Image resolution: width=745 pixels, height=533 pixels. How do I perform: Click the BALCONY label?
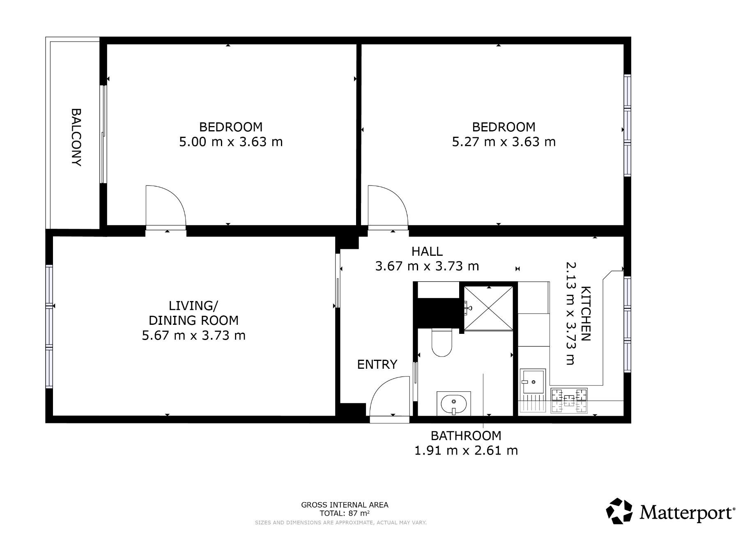coord(76,137)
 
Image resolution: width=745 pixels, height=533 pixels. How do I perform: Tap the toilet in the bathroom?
coord(441,342)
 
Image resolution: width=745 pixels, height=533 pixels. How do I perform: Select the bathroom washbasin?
coord(453,403)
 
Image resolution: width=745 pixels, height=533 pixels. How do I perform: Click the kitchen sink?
coord(533,381)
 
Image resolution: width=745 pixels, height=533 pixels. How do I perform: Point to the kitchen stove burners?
coord(569,400)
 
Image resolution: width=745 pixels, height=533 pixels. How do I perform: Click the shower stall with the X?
coord(488,308)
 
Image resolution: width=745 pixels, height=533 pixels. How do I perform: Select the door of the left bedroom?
coord(166,207)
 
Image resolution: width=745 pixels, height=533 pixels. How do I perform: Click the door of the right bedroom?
coord(388,207)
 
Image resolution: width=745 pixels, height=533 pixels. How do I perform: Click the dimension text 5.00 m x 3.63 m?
coord(231,142)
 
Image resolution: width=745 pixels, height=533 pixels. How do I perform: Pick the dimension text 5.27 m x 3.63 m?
coord(504,142)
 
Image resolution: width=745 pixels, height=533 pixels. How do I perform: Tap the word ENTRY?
coord(377,364)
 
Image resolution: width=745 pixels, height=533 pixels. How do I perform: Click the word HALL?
coord(427,251)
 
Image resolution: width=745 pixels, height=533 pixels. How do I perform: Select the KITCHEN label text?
coord(585,313)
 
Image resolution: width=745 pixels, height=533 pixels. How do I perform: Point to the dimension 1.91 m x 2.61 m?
coord(466,450)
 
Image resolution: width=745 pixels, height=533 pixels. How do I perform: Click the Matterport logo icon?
coord(620,511)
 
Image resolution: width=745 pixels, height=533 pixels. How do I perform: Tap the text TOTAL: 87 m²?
coord(345,513)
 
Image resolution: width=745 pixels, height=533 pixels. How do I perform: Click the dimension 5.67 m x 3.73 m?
coord(193,335)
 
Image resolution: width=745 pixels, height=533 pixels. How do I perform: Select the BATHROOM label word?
coord(466,435)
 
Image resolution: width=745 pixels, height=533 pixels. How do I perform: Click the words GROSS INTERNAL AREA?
coord(345,505)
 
